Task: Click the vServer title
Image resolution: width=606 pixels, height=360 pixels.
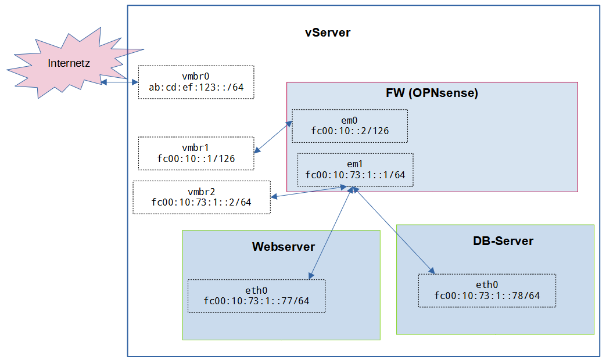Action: (x=328, y=33)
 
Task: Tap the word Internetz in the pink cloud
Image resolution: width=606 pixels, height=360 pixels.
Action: (x=69, y=63)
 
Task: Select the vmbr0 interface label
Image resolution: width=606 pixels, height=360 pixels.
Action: (x=195, y=77)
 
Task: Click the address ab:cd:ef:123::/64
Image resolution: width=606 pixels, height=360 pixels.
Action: (x=196, y=88)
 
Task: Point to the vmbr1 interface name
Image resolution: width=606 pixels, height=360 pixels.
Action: (x=195, y=148)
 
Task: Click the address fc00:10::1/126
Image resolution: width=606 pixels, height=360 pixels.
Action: (x=196, y=159)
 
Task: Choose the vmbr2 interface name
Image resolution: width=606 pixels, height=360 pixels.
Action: (x=201, y=192)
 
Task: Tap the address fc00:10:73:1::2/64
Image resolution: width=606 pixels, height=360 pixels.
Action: (x=201, y=202)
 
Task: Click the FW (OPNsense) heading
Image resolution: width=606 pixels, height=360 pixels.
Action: (x=432, y=93)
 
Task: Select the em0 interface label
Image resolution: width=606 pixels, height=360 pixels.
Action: (x=349, y=120)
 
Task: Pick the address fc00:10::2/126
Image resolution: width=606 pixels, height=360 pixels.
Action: (x=350, y=131)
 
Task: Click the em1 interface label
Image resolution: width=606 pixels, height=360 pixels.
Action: (x=355, y=164)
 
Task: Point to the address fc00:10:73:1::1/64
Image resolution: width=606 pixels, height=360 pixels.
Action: (x=355, y=174)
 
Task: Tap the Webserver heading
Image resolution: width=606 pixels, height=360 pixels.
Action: (x=283, y=247)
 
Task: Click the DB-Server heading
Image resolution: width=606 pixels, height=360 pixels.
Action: (x=503, y=240)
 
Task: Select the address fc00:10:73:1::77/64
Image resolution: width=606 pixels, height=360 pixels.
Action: (x=256, y=301)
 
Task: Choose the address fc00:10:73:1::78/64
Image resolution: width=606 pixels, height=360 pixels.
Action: (x=487, y=296)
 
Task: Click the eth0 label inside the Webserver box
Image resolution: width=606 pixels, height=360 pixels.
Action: (x=256, y=290)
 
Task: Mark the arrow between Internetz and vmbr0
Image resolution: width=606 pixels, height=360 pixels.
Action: (x=119, y=82)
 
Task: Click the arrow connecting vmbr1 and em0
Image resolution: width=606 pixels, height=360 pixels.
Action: (x=273, y=138)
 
